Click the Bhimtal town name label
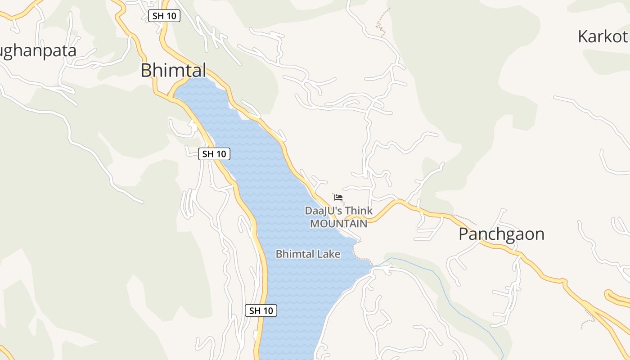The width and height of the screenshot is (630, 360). (x=173, y=71)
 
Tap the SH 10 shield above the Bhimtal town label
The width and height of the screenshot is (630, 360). (x=164, y=16)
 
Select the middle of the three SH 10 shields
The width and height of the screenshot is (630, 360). (x=214, y=154)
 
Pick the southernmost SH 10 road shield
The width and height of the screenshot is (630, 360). (x=261, y=310)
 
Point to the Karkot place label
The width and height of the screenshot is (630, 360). (x=602, y=36)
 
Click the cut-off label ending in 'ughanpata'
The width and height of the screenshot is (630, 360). (x=38, y=51)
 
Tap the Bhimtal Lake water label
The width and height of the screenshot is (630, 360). (x=308, y=254)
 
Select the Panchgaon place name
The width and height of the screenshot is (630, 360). (x=501, y=234)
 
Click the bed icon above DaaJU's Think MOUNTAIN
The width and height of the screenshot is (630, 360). (x=338, y=198)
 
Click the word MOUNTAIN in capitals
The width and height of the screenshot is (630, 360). (x=338, y=223)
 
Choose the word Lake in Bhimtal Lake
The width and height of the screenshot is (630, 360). (x=329, y=254)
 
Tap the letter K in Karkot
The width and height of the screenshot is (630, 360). (x=583, y=36)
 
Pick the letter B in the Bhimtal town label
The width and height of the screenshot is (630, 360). (x=146, y=71)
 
